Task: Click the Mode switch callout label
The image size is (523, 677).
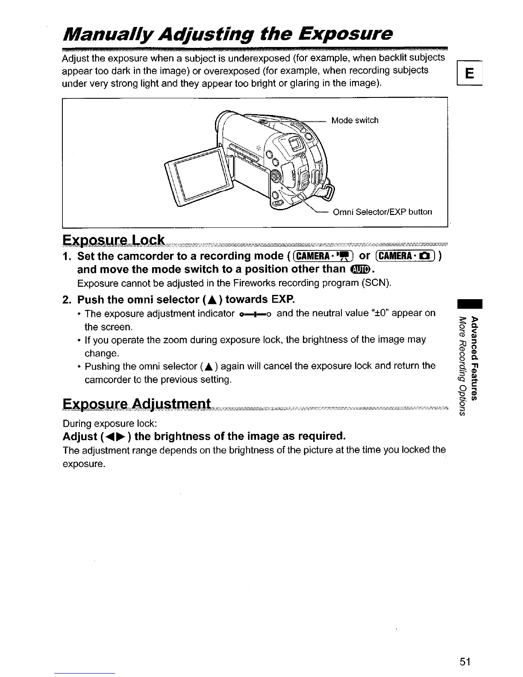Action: click(355, 121)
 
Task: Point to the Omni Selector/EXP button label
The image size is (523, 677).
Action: click(382, 212)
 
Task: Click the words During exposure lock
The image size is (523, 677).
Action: click(111, 424)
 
